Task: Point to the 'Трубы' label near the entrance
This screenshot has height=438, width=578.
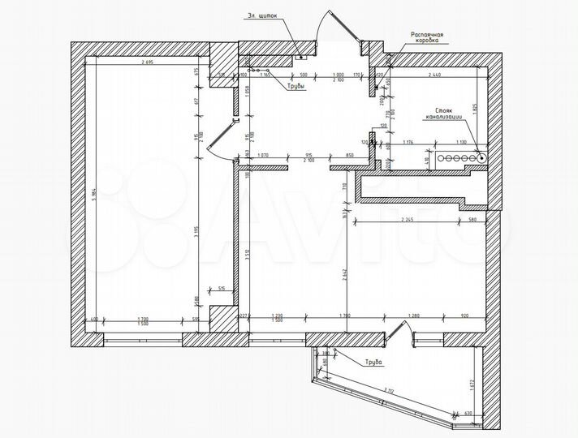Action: click(295, 85)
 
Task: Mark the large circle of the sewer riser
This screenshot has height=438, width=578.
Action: click(481, 159)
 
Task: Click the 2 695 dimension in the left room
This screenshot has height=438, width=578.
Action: click(147, 63)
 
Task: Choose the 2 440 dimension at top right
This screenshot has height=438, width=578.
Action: click(437, 74)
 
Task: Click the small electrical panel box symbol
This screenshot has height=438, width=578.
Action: click(299, 58)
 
